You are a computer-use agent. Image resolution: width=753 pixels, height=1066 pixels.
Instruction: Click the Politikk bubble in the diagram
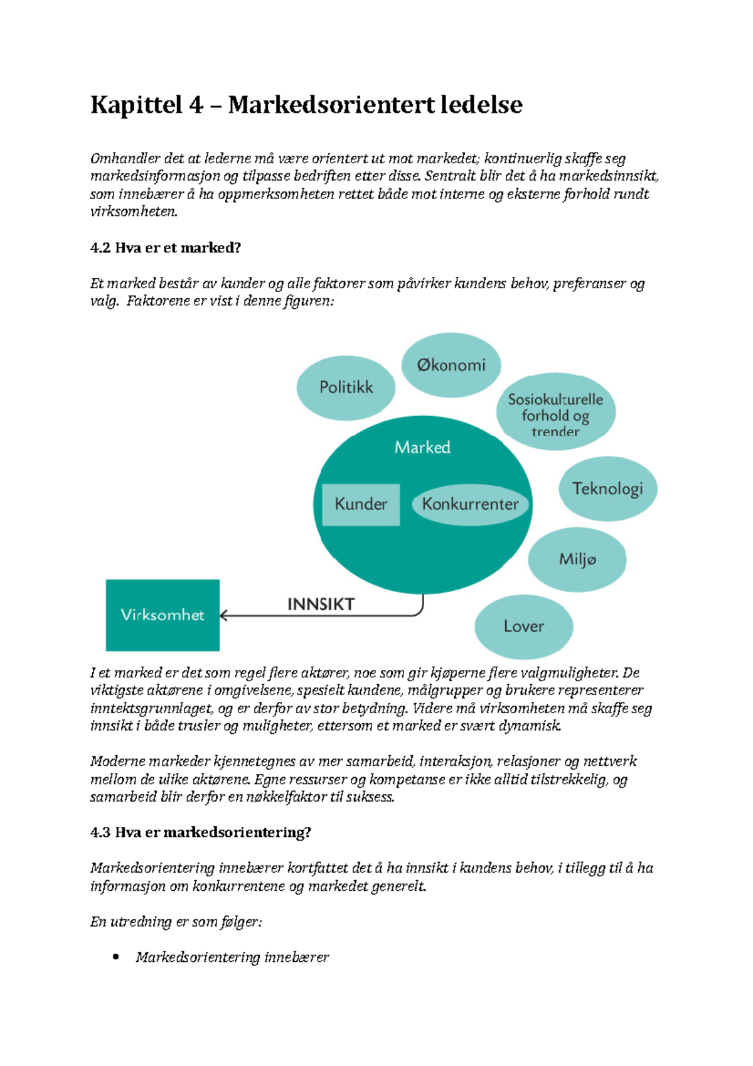pos(346,387)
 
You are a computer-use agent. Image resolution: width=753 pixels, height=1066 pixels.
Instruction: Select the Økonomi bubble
pos(451,365)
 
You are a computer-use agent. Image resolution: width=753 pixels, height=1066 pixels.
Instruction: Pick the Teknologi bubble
pos(607,488)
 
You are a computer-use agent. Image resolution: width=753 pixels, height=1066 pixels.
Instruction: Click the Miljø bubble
pos(577,559)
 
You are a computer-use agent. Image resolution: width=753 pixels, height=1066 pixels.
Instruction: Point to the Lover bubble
pos(523,626)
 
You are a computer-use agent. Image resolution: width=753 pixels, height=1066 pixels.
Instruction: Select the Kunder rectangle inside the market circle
pos(361,504)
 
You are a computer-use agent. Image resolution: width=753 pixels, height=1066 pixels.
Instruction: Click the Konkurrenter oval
pos(470,504)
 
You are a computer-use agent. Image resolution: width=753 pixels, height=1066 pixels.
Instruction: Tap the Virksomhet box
pos(163,615)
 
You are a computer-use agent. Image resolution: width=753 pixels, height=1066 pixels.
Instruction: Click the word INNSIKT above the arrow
pos(321,604)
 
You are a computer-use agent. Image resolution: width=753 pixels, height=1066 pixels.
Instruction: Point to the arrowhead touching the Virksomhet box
pos(224,616)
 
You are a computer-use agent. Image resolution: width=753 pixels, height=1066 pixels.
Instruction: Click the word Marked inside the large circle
pos(422,447)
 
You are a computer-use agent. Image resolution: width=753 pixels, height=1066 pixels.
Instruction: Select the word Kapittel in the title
pos(136,105)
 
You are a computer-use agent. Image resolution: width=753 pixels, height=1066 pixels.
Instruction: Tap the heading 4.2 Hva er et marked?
pos(166,247)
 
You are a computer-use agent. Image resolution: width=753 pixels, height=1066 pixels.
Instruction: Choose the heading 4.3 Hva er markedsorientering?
pos(201,832)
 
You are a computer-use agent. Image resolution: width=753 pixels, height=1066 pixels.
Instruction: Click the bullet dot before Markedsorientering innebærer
pos(115,957)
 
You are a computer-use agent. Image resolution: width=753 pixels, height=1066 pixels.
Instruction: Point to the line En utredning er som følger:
pos(176,922)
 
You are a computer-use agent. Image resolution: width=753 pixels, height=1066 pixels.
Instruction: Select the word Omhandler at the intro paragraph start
pos(125,158)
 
